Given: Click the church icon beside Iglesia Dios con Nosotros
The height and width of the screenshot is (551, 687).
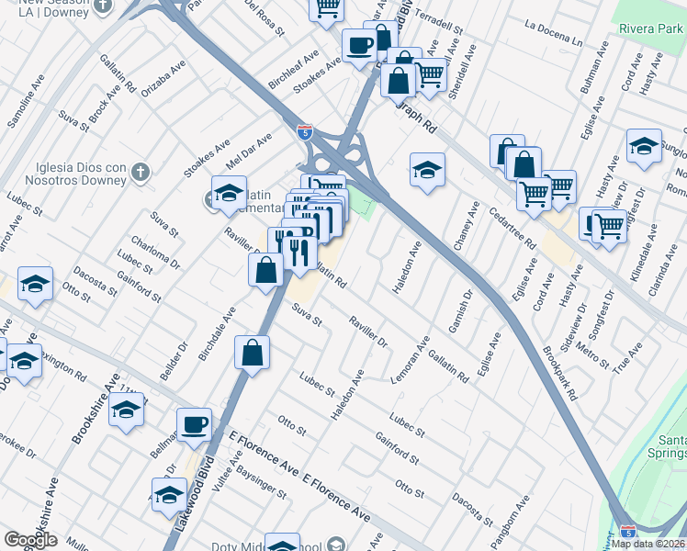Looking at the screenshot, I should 140,172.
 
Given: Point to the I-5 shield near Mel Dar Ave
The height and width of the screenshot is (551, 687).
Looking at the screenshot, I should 304,132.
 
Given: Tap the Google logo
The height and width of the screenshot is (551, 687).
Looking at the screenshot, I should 30,540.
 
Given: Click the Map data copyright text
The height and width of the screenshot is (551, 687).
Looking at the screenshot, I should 648,544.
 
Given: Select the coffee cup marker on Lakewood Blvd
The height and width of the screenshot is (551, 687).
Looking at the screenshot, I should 194,425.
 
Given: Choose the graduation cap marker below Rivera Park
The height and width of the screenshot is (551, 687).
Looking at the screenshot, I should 644,146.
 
